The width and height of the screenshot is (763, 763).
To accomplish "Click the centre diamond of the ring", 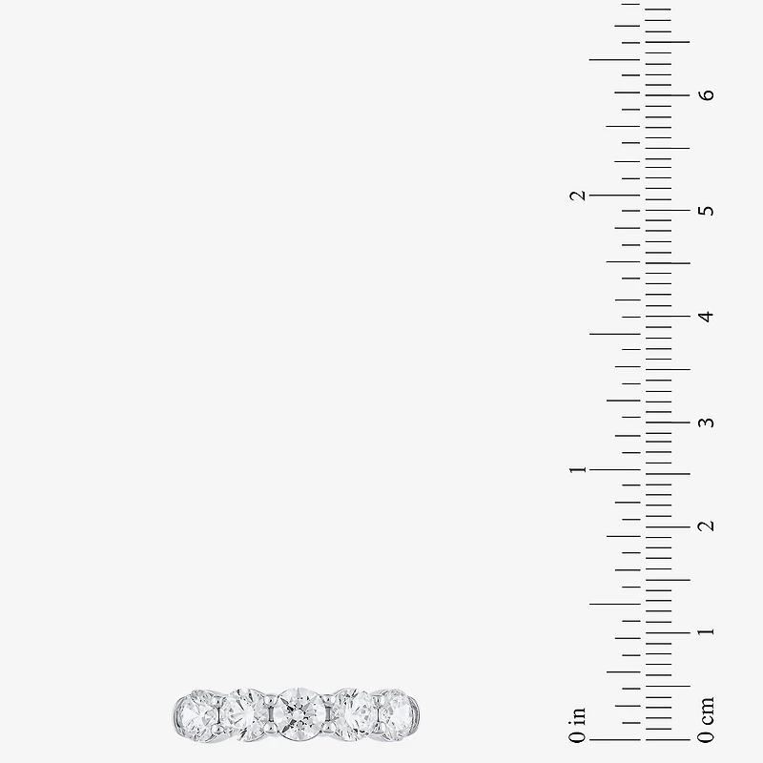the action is click(299, 713).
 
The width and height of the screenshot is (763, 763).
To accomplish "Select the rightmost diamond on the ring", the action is click(396, 714).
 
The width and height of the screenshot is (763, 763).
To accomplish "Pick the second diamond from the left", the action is click(246, 714).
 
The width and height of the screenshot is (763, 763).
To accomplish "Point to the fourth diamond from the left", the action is click(353, 713).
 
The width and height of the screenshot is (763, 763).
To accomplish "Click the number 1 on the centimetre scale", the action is click(706, 631).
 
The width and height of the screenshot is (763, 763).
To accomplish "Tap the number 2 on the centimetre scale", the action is click(706, 526).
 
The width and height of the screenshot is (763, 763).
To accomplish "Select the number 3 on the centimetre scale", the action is click(706, 422).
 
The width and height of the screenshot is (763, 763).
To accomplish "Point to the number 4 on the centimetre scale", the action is click(706, 317).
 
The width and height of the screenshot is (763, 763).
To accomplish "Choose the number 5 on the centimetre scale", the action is click(706, 210).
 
